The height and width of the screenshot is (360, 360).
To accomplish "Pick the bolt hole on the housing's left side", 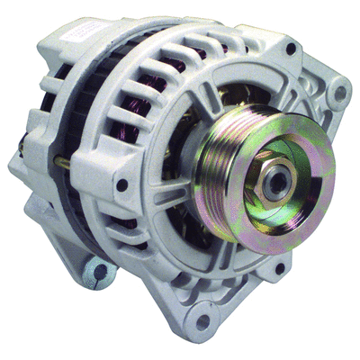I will [x=121, y=185].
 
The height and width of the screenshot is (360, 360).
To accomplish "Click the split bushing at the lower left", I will [x=97, y=271].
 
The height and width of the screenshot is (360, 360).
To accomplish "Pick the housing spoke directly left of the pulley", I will [x=193, y=180].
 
